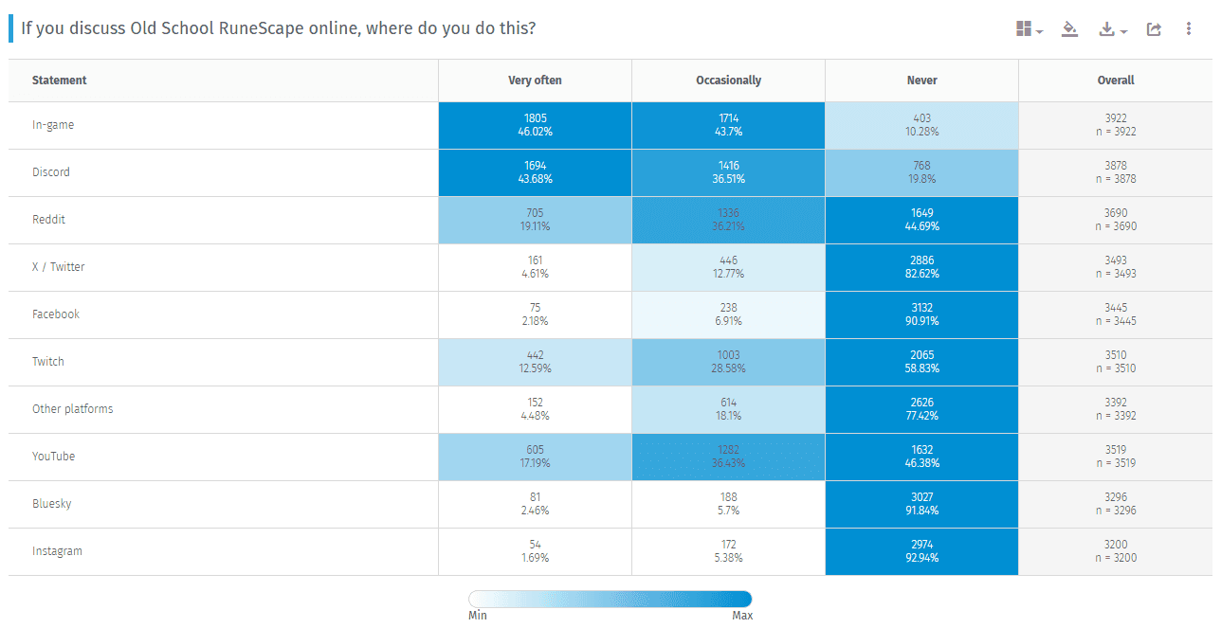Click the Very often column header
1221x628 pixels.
535,81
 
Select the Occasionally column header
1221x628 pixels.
728,81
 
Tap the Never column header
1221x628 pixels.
921,81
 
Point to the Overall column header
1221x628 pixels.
1115,81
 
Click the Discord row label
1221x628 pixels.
51,172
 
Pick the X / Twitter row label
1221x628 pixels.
59,267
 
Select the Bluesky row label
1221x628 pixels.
52,504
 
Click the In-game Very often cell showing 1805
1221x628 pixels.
535,125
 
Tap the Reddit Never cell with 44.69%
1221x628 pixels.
921,220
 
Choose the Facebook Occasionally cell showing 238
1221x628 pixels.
728,314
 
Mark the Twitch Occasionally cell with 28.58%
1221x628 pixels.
728,362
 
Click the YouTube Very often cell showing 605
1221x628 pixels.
535,457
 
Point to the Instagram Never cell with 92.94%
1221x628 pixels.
921,551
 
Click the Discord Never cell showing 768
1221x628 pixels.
921,172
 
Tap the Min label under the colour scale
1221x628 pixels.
478,616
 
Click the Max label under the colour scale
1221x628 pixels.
742,616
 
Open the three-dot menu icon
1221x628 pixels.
1189,29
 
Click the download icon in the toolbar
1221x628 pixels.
1106,29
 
